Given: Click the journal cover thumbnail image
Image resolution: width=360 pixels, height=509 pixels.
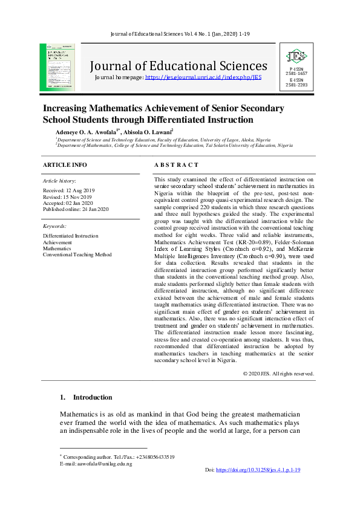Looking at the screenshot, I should click(57, 67).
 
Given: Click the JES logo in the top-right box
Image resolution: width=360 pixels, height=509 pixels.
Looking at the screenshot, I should click(296, 57).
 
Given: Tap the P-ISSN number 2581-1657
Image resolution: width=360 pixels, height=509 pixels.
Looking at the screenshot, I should click(296, 73).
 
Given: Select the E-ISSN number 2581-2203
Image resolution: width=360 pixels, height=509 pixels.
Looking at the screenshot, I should click(296, 85).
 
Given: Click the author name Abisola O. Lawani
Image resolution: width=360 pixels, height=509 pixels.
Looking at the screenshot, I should click(149, 131).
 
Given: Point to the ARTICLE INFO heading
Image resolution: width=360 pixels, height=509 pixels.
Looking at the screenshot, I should click(65, 165).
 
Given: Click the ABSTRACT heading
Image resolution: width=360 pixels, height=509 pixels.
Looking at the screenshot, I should click(176, 165).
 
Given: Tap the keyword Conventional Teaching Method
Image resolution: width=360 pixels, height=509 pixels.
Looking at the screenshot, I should click(77, 254).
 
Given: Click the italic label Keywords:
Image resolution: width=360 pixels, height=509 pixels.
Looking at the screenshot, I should click(54, 225).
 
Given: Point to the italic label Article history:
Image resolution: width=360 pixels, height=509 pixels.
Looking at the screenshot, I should click(59, 181).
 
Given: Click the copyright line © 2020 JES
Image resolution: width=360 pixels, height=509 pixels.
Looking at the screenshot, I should click(278, 374).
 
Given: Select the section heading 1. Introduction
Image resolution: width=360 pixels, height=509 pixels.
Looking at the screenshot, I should click(86, 397).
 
